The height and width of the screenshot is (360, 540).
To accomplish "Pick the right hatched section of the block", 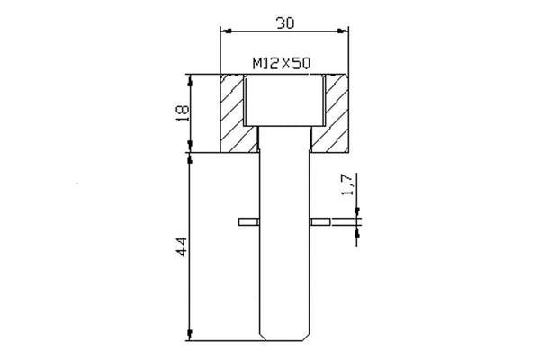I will click(335, 112).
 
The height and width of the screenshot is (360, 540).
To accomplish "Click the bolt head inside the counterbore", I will click(284, 99).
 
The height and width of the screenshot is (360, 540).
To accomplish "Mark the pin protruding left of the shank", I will click(248, 220).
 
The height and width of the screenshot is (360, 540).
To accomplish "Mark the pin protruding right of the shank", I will click(319, 220).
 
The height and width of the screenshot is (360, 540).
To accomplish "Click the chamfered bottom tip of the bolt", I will click(284, 337).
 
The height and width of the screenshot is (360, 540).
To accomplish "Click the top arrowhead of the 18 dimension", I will click(192, 78).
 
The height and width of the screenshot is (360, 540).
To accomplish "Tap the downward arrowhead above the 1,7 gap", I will click(358, 212).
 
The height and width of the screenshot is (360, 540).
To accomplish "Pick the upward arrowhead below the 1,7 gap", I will click(358, 229).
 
